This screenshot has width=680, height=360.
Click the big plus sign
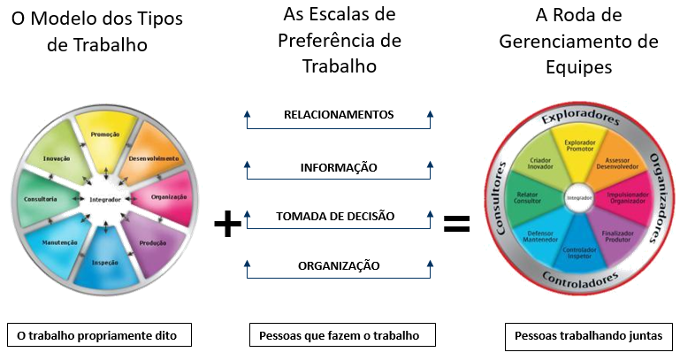(228, 225)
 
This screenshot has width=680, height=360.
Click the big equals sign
(456, 225)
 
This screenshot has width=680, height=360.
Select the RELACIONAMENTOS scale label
(339, 115)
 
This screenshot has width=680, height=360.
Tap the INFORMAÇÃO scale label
(339, 167)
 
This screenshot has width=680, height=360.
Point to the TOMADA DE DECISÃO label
(335, 216)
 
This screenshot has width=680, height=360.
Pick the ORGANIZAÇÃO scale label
(339, 265)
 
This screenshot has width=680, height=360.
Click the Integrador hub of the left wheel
(104, 200)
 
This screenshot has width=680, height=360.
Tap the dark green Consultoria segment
(44, 197)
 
